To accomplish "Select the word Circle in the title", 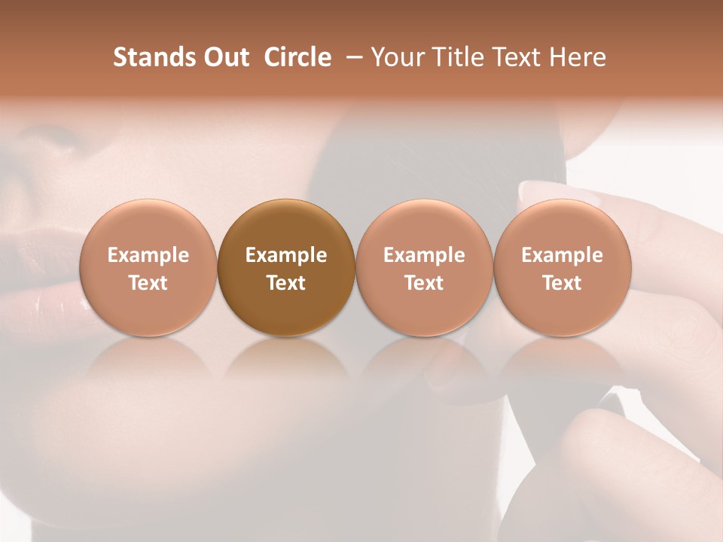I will (297, 57).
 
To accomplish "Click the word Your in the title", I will (398, 57).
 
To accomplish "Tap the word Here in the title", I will (578, 57).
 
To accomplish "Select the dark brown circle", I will (286, 268).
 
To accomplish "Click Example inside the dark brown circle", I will (286, 255).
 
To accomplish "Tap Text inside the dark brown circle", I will (286, 283).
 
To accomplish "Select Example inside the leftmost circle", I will (148, 255).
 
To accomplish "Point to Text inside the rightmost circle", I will (563, 283).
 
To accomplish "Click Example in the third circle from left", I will (424, 255).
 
